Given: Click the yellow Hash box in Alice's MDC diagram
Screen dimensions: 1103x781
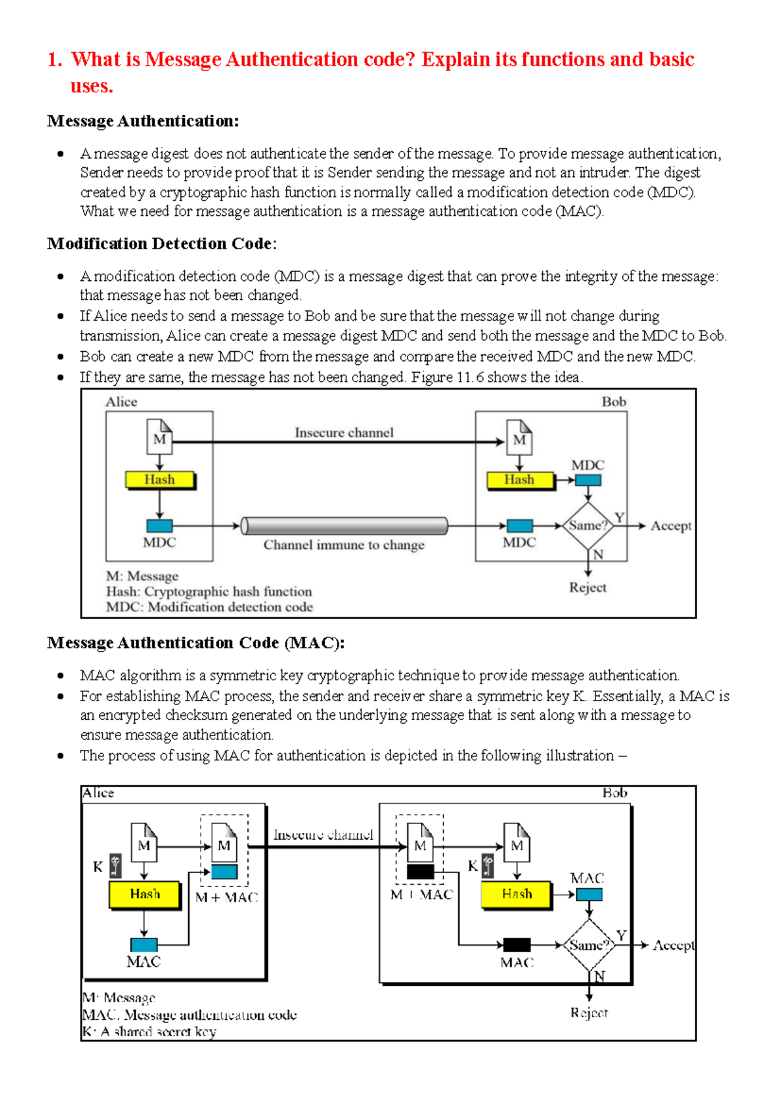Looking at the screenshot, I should (x=159, y=480).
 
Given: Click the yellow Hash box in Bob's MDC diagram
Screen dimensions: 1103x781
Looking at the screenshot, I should (x=519, y=480).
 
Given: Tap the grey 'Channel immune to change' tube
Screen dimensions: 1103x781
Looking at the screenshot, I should (x=344, y=525).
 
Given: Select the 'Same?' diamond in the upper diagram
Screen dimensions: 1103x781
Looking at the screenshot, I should (x=588, y=525).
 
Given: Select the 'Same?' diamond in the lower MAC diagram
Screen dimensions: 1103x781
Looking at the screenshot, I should (x=588, y=945).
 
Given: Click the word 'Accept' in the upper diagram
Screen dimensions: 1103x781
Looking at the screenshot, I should (x=670, y=525).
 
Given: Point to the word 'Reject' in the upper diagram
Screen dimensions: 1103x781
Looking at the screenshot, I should (x=588, y=587).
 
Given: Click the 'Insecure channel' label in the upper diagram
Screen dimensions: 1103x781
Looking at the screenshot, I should (x=344, y=432).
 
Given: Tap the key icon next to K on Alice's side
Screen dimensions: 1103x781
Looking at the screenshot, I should (x=115, y=866).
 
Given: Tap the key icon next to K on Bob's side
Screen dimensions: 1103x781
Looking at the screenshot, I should (x=487, y=866).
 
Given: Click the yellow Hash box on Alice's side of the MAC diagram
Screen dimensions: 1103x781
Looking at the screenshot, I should (x=144, y=894).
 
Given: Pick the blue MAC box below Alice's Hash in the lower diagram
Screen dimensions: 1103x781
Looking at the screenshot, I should (x=144, y=944).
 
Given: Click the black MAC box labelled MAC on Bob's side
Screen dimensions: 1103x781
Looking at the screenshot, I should (x=517, y=944).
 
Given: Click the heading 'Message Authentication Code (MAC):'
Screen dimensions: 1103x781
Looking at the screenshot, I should (x=195, y=643).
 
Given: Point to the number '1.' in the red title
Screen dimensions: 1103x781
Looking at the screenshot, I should (x=55, y=60).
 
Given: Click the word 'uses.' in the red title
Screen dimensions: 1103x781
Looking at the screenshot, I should (x=92, y=86).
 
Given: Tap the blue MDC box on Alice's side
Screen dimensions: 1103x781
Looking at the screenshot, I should (x=159, y=525).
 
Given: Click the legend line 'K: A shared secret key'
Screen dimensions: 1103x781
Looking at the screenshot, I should (x=149, y=1031).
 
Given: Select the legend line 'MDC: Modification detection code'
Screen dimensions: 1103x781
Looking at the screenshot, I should (x=209, y=607).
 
